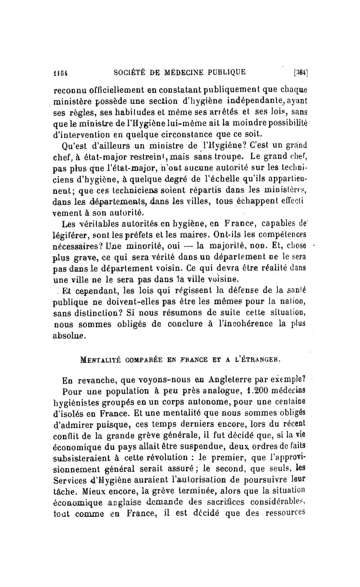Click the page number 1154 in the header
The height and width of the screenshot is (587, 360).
coord(60,71)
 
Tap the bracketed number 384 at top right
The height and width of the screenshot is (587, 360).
coord(300,72)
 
